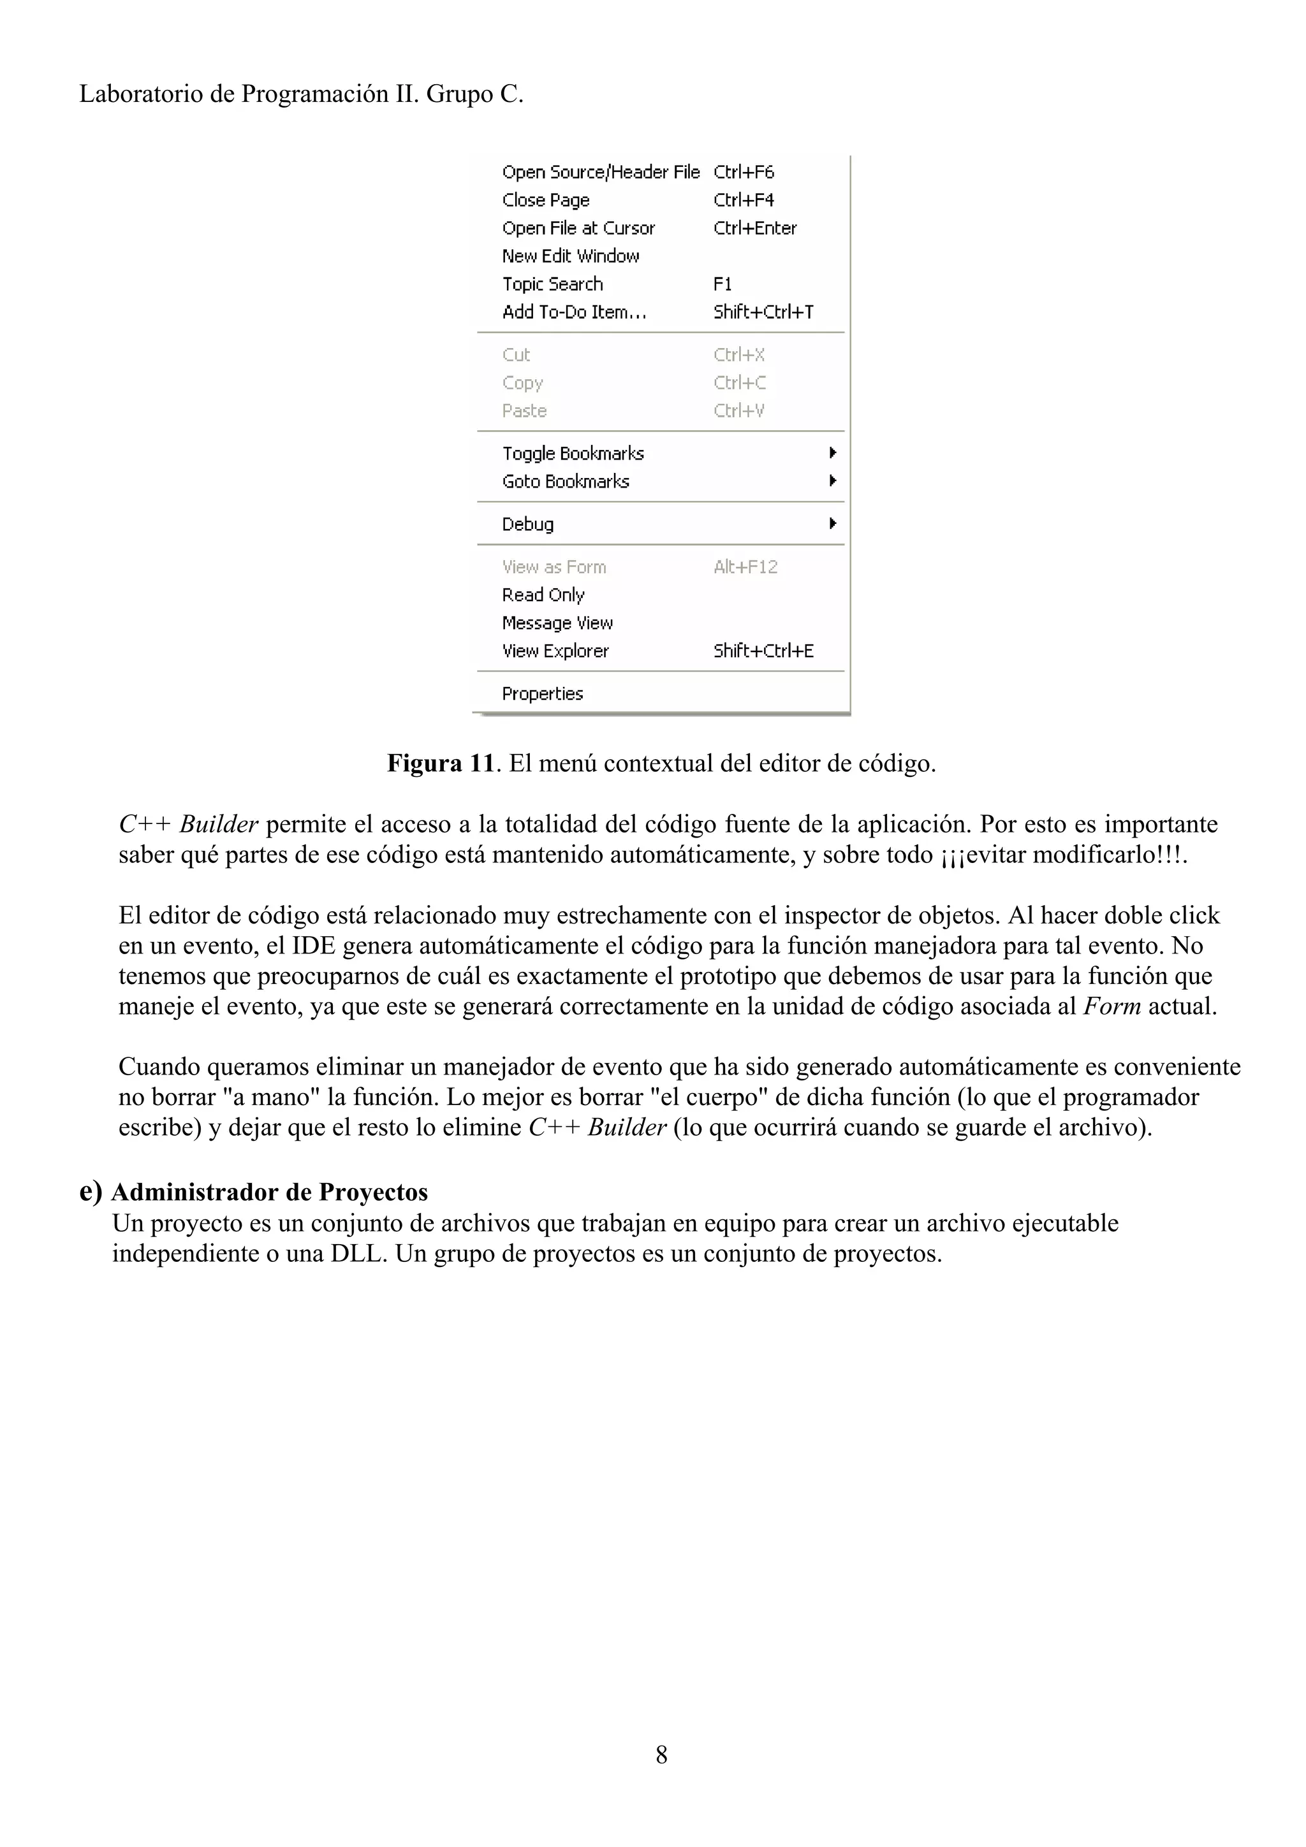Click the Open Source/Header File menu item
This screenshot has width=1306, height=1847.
pos(600,172)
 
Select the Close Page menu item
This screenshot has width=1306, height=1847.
pos(546,200)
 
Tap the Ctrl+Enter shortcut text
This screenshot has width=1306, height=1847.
pos(755,228)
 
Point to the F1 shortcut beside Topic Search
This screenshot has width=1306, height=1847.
pos(723,284)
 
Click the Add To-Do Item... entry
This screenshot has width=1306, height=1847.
pos(574,312)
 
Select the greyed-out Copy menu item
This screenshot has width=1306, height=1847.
pos(522,383)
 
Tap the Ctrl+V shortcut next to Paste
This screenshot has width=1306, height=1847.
pos(738,411)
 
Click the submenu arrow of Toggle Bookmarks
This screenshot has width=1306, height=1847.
pos(833,453)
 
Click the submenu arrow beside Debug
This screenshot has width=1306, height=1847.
pos(833,524)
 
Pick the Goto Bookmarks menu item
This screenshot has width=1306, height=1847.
pos(566,481)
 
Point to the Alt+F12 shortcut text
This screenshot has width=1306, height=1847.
pos(745,567)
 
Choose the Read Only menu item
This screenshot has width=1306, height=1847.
pos(543,595)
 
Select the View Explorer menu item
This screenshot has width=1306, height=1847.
pos(555,651)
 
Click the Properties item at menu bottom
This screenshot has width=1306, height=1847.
pos(542,693)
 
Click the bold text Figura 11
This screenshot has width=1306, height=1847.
pos(439,763)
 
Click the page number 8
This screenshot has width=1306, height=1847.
pos(661,1755)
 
